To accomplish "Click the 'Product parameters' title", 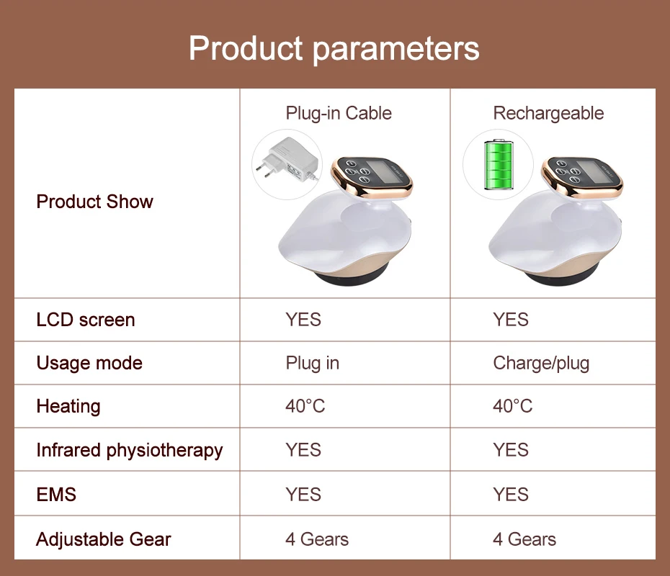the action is point(334,49).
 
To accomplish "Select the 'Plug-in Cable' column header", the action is point(339,114).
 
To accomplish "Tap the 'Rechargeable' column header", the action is point(548,114).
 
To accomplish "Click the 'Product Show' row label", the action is point(94,202).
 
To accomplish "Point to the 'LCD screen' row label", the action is point(86,320).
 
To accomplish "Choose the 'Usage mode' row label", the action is point(89,364).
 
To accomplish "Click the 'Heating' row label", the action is point(68,407).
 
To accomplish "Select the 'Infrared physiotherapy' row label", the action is point(130,451).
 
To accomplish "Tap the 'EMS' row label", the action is point(56,495).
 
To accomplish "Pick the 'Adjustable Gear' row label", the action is point(104,539).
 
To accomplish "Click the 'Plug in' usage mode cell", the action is point(313,364).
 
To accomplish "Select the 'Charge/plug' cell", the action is point(541,364).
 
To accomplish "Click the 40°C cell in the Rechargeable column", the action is point(513,406).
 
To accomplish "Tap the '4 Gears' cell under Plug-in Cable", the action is point(317,539).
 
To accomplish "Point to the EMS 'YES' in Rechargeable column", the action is point(511,495).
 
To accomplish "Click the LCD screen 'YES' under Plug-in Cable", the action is point(303,320).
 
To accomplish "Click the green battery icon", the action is point(499,164).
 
